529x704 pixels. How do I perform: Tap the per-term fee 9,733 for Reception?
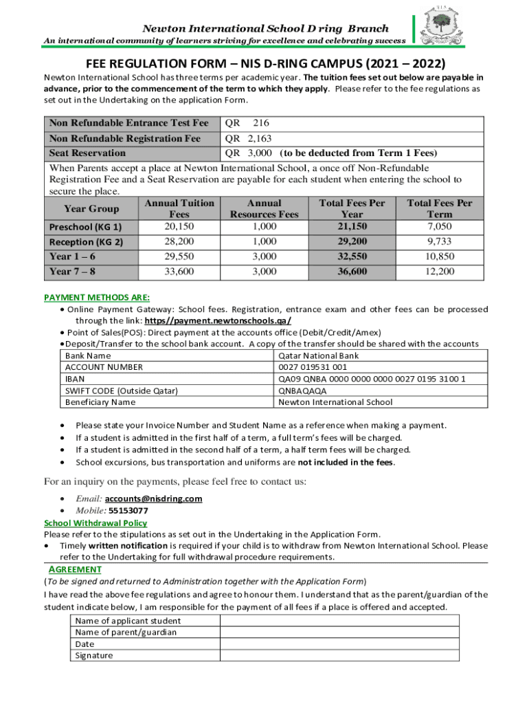(x=440, y=241)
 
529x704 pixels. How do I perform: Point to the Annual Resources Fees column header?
(x=264, y=209)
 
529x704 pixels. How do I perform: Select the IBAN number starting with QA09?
(x=372, y=379)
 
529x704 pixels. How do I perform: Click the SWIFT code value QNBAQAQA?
(x=302, y=390)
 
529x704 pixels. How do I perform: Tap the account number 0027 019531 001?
(x=313, y=367)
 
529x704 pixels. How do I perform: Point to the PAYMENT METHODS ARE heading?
(x=97, y=297)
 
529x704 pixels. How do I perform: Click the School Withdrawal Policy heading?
(x=95, y=523)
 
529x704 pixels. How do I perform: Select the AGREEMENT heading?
(x=76, y=569)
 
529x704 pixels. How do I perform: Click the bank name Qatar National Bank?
(x=318, y=355)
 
